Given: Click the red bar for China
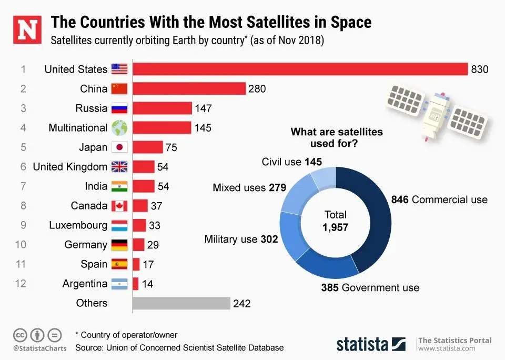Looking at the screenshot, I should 189,88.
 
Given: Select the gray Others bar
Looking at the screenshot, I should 181,304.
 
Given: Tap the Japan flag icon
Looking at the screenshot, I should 119,147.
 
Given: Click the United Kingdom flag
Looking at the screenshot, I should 119,167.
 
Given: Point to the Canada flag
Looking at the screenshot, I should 119,206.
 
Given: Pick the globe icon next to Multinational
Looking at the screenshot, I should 119,128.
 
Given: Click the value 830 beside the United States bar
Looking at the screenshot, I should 480,69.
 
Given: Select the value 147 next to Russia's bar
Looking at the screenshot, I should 203,108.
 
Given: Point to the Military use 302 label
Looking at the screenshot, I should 241,239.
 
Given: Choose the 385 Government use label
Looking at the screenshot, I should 370,287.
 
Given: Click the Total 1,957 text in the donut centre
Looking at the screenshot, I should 336,221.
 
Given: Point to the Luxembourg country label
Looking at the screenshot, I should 78,225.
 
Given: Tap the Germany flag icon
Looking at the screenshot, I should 119,245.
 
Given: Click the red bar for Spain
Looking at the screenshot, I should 136,264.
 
